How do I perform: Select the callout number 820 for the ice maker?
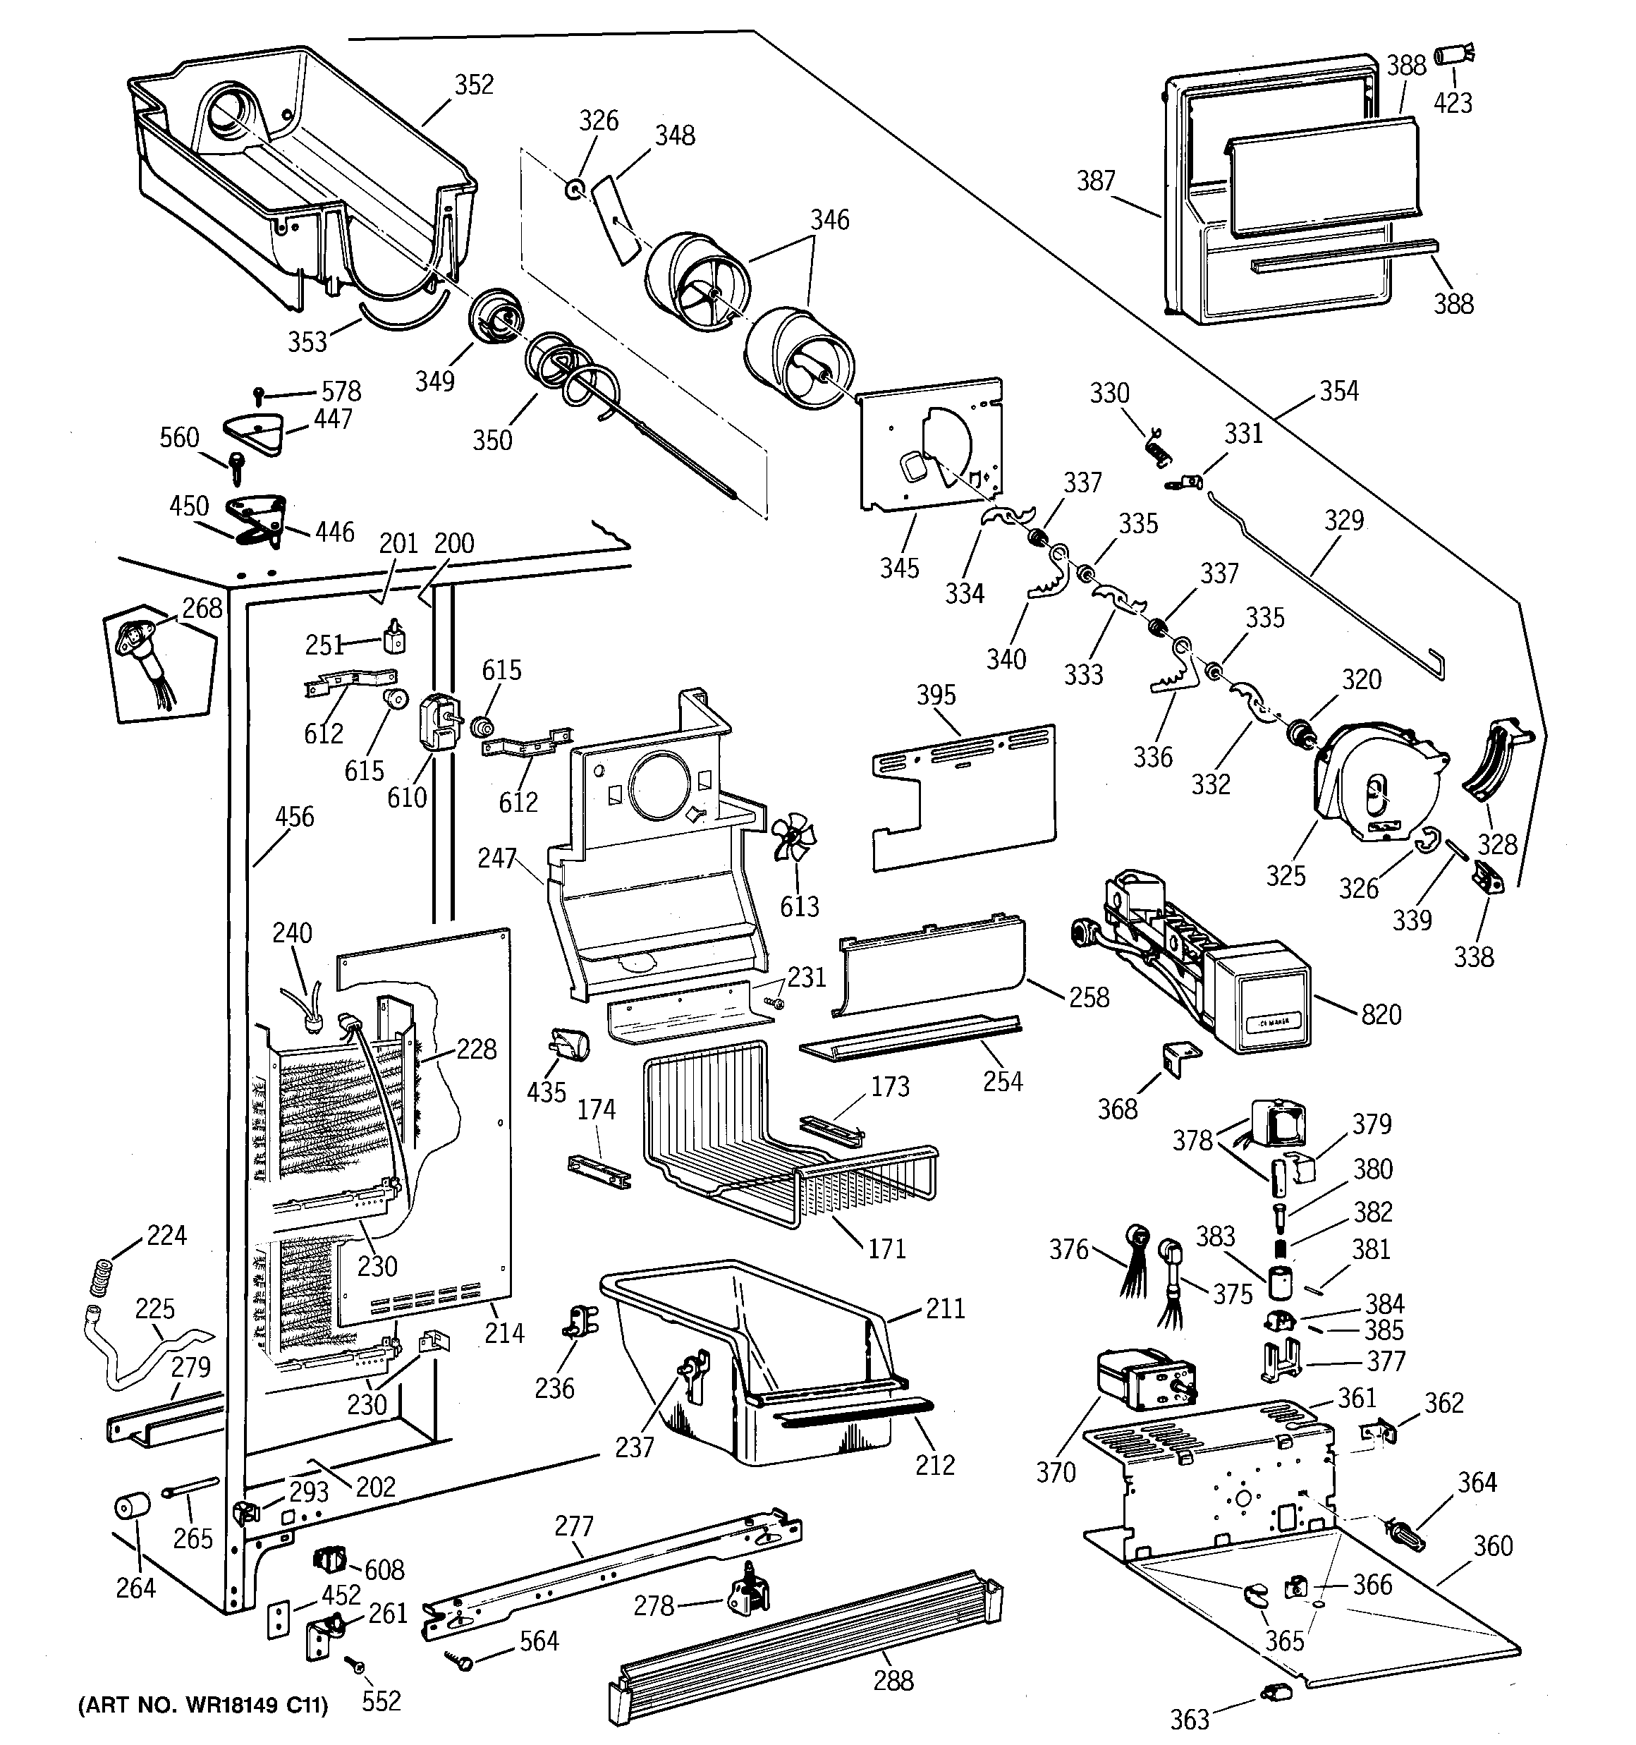click(1381, 1015)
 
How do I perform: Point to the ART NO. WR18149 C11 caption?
click(204, 1706)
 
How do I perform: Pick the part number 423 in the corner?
click(1453, 104)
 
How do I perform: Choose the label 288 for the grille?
click(893, 1680)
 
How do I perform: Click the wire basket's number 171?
click(886, 1248)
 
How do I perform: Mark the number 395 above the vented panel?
click(936, 695)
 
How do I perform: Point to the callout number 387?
click(1097, 181)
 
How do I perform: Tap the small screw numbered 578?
click(260, 396)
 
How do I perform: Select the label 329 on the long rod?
click(1345, 521)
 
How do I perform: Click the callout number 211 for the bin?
click(944, 1309)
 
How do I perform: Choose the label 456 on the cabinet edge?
click(295, 817)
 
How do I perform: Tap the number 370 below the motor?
click(1056, 1473)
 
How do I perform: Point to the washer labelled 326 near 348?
click(575, 189)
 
